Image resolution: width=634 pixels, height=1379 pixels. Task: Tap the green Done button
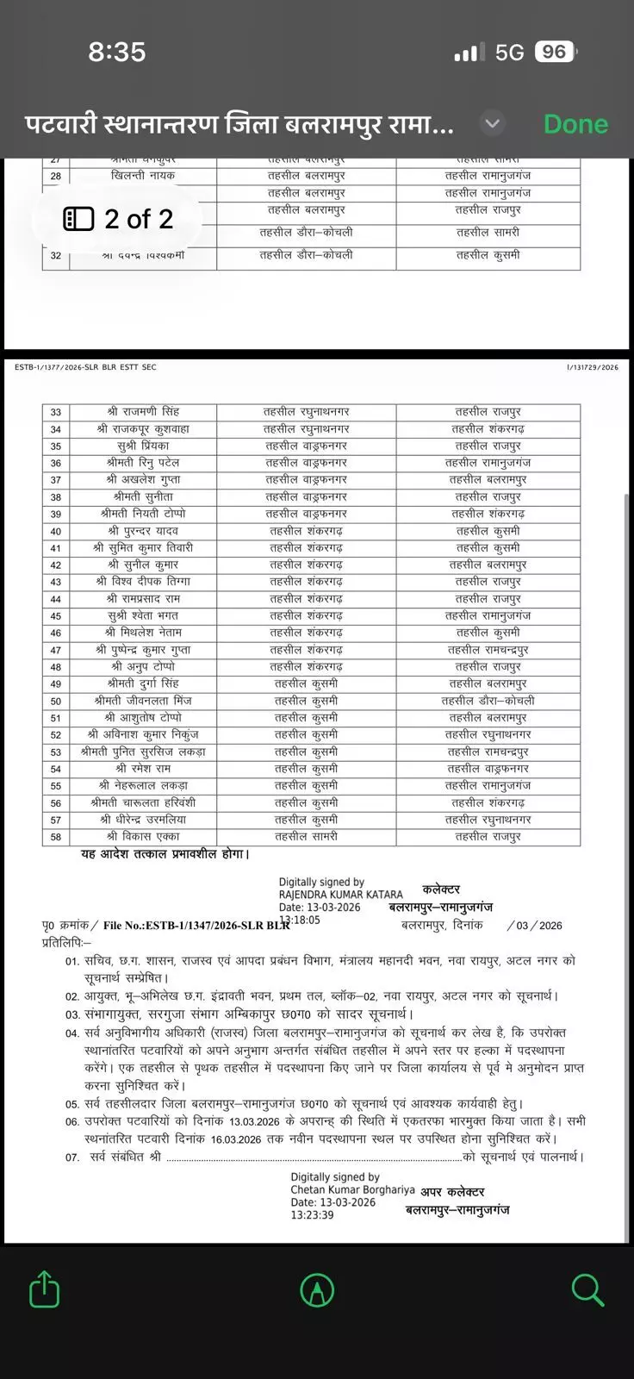click(575, 124)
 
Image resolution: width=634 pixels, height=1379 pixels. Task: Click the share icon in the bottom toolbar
click(45, 1290)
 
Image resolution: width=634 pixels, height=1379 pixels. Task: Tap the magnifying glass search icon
click(587, 1290)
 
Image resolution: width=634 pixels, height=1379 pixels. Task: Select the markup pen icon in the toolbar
click(317, 1290)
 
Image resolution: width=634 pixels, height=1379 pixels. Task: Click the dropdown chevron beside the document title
click(492, 124)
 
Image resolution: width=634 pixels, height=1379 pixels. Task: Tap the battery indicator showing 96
click(554, 52)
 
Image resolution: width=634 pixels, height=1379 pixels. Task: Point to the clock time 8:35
click(117, 52)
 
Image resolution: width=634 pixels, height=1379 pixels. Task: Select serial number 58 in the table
click(56, 837)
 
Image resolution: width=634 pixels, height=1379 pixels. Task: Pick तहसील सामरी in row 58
click(306, 837)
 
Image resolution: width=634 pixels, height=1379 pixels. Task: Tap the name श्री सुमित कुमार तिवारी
click(143, 547)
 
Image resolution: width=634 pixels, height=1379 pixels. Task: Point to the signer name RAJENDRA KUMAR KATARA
click(340, 895)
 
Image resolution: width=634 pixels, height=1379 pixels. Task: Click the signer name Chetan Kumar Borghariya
click(352, 1189)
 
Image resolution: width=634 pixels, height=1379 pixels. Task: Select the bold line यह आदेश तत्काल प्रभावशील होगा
click(165, 854)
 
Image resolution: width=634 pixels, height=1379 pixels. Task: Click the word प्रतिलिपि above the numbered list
click(65, 943)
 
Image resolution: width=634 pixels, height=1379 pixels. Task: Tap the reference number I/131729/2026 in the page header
click(593, 367)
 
